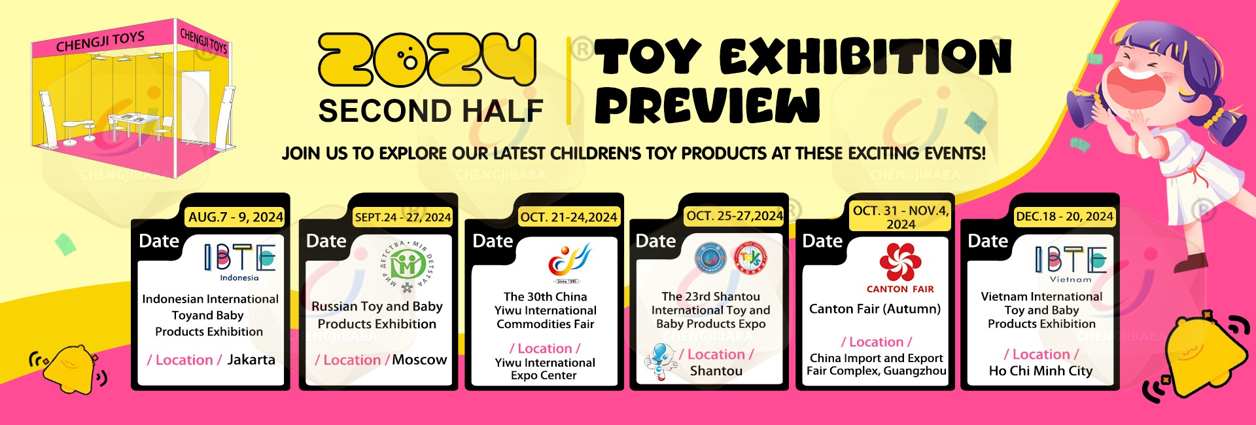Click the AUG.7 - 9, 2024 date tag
tap(236, 217)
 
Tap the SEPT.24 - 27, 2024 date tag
tap(403, 217)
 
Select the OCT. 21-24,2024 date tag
tap(568, 217)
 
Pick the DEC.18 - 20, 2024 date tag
tap(1064, 216)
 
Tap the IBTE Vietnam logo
tap(1071, 264)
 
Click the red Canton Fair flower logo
tap(900, 262)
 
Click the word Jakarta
tap(251, 360)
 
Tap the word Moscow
tap(419, 360)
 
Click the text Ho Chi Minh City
tap(1041, 371)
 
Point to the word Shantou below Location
tap(716, 371)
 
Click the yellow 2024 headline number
tap(427, 60)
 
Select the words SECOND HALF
tap(431, 111)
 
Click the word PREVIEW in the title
tap(707, 105)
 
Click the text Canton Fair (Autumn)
tap(875, 309)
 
